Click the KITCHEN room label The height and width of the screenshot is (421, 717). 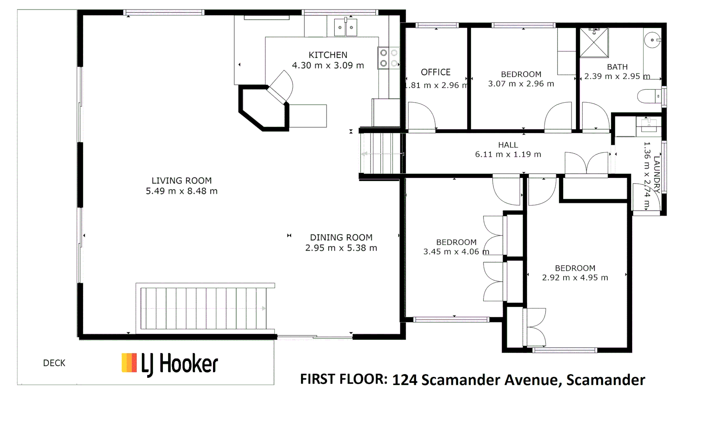point(328,55)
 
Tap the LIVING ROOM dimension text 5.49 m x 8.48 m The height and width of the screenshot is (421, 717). point(181,191)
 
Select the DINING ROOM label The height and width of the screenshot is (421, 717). point(341,237)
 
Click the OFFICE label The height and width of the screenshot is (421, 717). point(435,72)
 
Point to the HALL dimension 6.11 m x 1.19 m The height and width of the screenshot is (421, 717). point(508,154)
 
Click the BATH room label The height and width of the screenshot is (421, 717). point(617,67)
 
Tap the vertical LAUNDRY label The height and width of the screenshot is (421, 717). point(657,174)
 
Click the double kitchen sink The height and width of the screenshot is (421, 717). point(345,27)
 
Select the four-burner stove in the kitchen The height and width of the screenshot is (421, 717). point(389,58)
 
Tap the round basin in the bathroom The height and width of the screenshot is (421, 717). point(652,40)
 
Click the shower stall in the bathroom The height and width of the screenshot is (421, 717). point(594,42)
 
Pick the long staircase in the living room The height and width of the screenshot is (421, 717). point(203,308)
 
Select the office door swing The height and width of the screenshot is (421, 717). point(421,116)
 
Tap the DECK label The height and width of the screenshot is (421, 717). point(54,363)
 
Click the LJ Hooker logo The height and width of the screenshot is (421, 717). point(170,364)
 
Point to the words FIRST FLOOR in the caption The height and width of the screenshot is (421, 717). point(344,379)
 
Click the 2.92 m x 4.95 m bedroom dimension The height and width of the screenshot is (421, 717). point(575,278)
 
